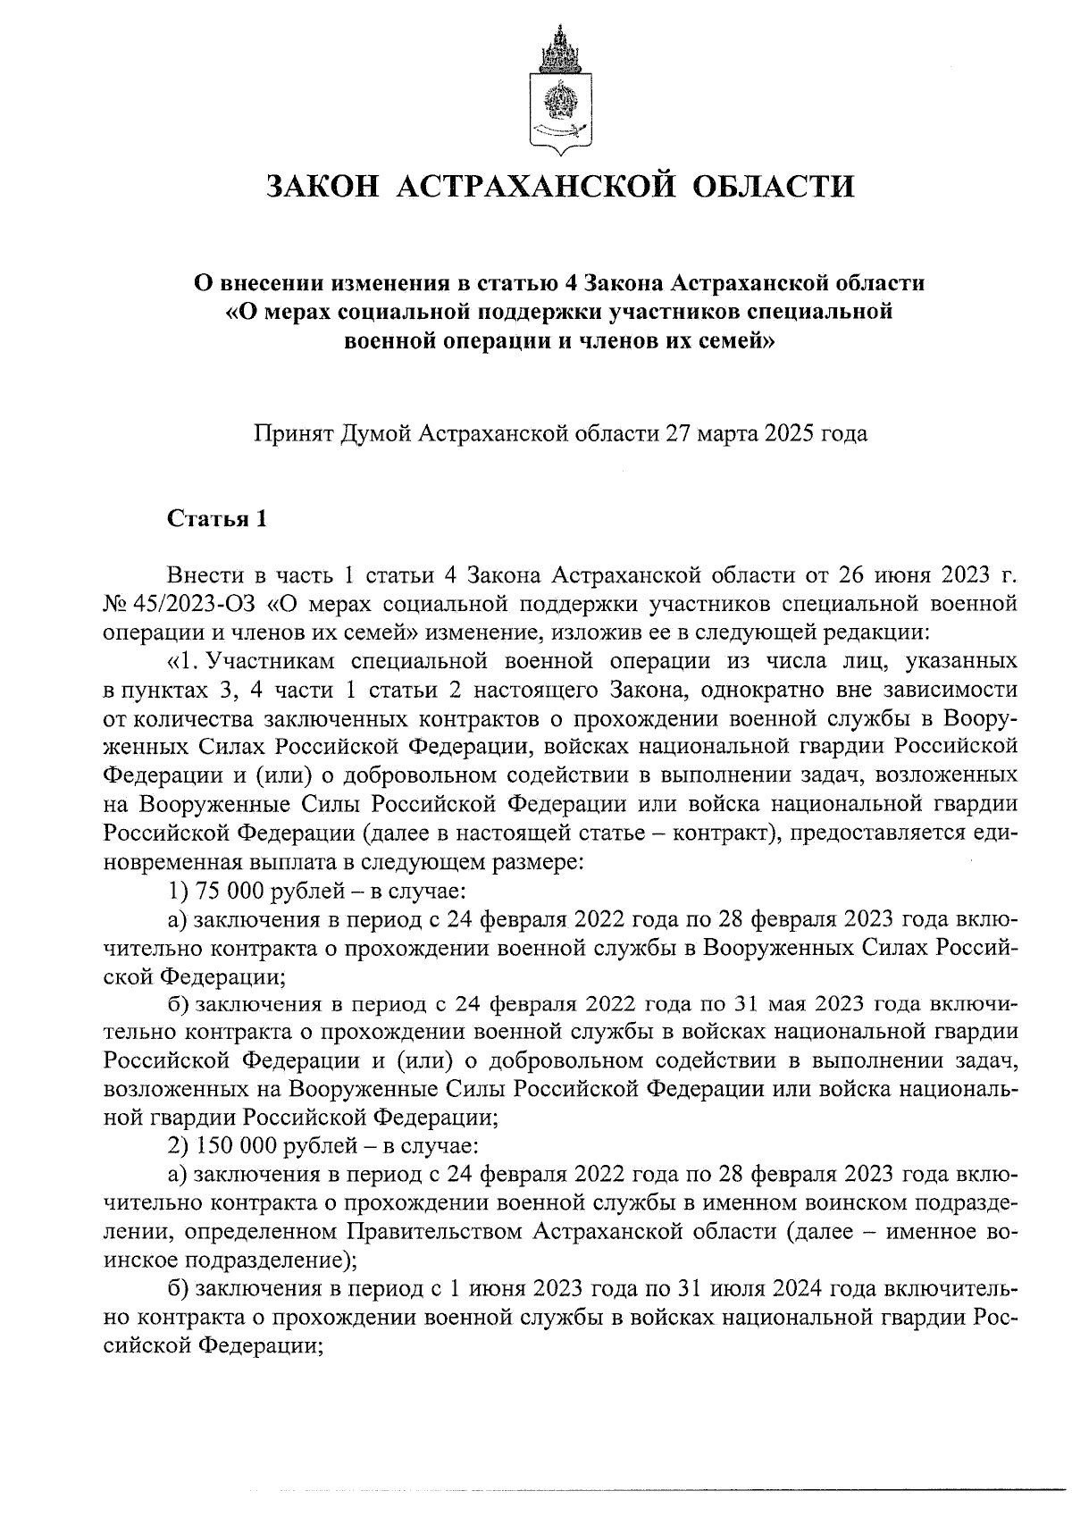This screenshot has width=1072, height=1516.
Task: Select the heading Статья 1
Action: click(x=217, y=519)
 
